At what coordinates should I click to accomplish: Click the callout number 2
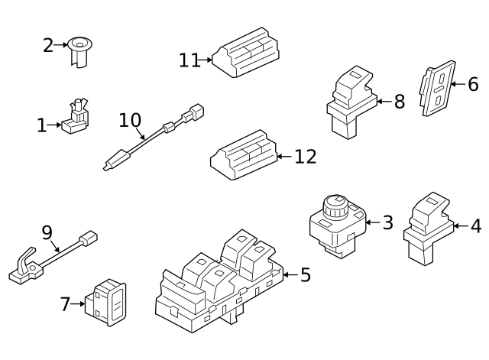[48, 46]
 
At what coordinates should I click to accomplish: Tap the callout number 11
[189, 60]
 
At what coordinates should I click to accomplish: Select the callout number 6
[473, 84]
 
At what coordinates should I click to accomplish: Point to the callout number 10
[130, 120]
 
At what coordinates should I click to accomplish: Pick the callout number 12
[306, 156]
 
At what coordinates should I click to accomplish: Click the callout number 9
[47, 232]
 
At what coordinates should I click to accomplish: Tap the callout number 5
[306, 275]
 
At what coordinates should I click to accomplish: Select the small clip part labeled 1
[76, 116]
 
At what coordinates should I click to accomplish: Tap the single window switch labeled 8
[351, 102]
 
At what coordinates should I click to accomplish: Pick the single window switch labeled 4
[428, 229]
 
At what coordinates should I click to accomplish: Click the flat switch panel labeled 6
[437, 89]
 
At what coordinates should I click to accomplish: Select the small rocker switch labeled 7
[105, 302]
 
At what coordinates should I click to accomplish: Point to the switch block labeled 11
[246, 53]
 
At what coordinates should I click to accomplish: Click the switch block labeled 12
[244, 154]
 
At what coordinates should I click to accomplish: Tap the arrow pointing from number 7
[78, 304]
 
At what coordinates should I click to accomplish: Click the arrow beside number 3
[372, 222]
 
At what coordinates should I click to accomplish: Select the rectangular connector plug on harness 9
[89, 238]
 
